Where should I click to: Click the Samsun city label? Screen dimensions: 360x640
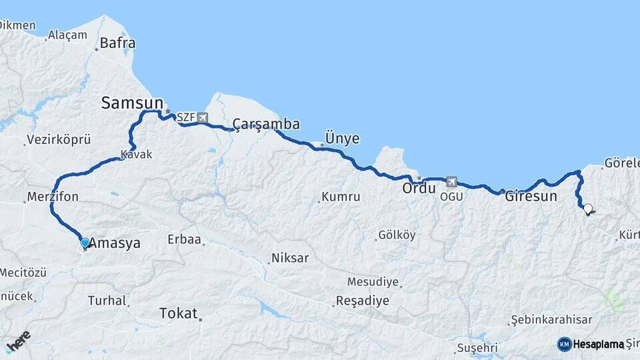point(132,103)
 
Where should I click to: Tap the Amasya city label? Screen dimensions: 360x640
point(115,243)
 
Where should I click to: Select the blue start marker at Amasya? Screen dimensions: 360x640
point(85,243)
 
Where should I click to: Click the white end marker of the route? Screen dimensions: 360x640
point(587,209)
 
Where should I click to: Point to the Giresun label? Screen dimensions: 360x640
point(531,197)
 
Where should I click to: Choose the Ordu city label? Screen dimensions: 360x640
point(419,189)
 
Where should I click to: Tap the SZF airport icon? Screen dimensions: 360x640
point(202,118)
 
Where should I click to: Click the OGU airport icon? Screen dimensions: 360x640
point(452,181)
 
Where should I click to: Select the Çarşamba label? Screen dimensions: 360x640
point(266,125)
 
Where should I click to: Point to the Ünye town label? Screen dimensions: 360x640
point(342,139)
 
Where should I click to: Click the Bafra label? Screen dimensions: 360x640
point(117,43)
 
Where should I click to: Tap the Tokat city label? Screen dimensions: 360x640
point(178,313)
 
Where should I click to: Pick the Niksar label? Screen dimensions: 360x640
point(289,258)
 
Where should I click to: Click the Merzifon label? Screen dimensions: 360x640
point(53,197)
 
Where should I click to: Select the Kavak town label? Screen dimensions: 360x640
point(137,155)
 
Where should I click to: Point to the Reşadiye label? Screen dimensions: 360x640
point(362,301)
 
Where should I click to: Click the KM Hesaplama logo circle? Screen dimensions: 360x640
point(564,344)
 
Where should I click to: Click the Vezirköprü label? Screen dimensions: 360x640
point(58,140)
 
